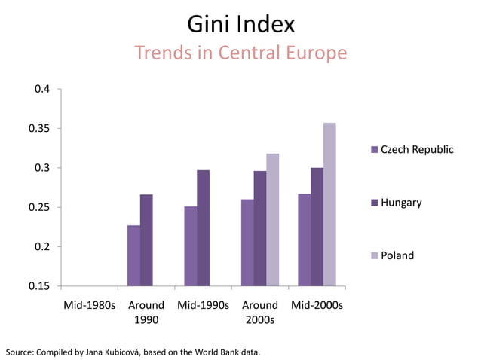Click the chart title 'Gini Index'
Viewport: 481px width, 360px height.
coord(240,25)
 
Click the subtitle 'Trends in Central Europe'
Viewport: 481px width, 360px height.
coord(240,53)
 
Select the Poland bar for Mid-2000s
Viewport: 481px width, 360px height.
coord(329,204)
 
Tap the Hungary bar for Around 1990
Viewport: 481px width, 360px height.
coord(146,240)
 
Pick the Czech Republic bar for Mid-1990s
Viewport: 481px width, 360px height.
coord(190,246)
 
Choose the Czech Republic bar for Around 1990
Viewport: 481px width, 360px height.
coord(133,255)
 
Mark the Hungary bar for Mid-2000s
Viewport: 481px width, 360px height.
coord(317,227)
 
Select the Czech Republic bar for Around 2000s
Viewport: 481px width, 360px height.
coord(247,243)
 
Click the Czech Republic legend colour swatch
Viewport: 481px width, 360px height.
coord(374,150)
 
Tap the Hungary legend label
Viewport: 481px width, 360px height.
coord(401,203)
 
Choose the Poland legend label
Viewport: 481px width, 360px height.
coord(397,255)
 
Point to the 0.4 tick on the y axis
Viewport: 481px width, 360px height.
coord(42,89)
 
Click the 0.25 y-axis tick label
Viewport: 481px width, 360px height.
coord(39,207)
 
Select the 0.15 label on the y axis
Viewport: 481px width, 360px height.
coord(39,286)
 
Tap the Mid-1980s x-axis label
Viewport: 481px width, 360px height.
coord(89,306)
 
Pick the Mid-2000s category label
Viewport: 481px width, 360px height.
coord(317,306)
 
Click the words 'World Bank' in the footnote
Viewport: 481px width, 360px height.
coord(216,352)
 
